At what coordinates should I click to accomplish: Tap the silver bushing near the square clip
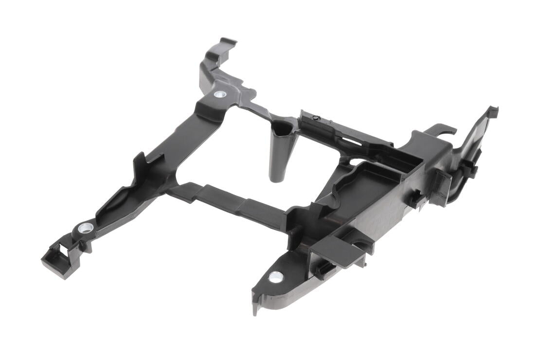coord(86,227)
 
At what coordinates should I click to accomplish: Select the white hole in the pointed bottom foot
coord(276,277)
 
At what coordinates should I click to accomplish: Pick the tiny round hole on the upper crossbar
coord(315,117)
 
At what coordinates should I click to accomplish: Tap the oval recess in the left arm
coord(117,204)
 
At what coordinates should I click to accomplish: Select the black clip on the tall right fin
coord(470,167)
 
